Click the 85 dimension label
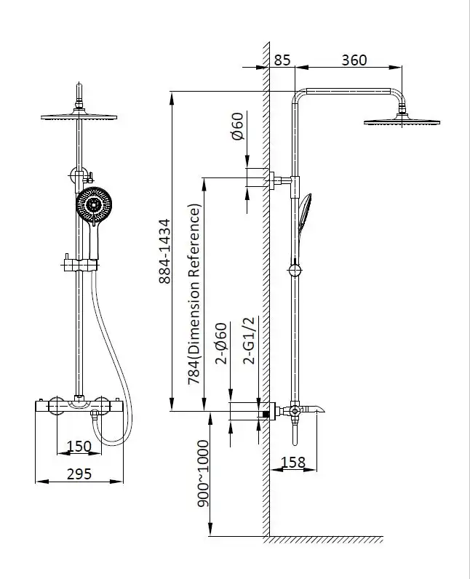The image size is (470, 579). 282,60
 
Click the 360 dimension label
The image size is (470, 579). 354,60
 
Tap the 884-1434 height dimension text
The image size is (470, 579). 165,251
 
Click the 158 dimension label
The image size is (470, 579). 292,463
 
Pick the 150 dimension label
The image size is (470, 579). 79,446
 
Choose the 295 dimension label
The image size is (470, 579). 79,474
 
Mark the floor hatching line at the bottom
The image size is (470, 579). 324,540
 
